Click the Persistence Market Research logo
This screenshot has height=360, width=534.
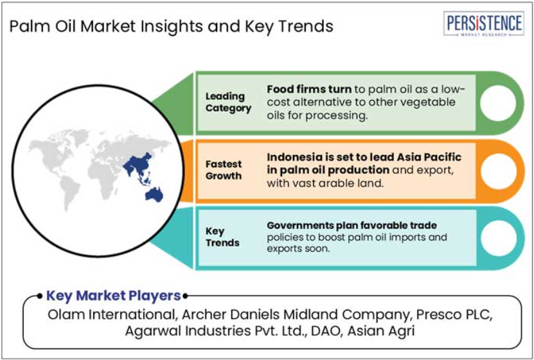(x=484, y=24)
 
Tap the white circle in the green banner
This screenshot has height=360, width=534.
(x=498, y=103)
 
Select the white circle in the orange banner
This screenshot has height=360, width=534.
(x=498, y=171)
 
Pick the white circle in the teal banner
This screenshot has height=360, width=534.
(x=498, y=238)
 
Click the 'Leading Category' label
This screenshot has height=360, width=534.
(x=228, y=102)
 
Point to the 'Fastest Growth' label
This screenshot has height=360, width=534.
(x=224, y=170)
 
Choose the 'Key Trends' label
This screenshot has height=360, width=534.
(x=222, y=237)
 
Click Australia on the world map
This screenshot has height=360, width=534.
(x=154, y=195)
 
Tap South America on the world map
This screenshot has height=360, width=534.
(x=70, y=193)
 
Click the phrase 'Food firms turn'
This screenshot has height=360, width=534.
(x=309, y=89)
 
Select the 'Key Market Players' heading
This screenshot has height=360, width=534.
(x=113, y=296)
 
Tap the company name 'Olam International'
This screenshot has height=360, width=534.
(x=111, y=314)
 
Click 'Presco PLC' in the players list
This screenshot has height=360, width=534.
(x=454, y=314)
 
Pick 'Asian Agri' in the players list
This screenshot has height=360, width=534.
(x=381, y=330)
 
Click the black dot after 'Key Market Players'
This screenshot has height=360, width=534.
(x=185, y=296)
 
